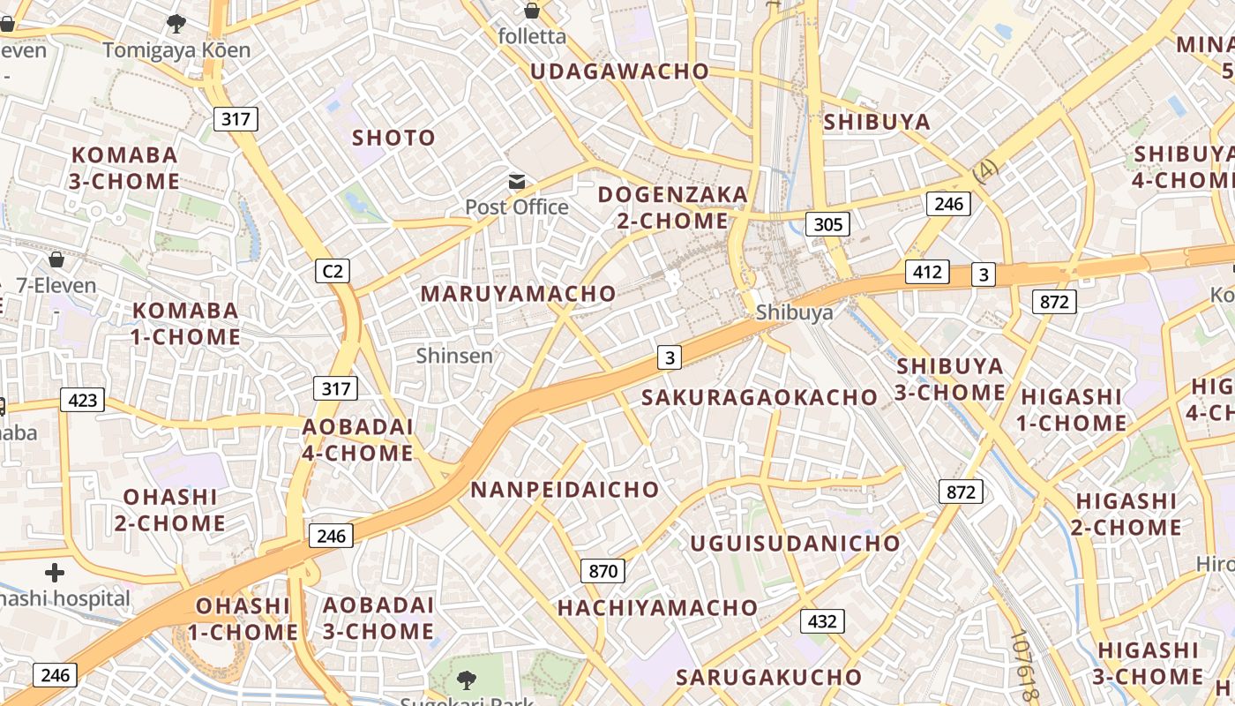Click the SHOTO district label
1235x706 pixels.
(393, 138)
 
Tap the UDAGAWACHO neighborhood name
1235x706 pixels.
(619, 71)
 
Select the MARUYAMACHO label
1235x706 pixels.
(518, 293)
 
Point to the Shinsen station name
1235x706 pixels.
(454, 356)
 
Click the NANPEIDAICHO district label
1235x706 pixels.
(565, 490)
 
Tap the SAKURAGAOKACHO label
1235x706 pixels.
(759, 397)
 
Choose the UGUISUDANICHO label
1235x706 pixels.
(794, 543)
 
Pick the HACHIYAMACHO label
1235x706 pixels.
(657, 607)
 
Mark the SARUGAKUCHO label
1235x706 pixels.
(768, 677)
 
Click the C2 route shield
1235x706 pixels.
(333, 271)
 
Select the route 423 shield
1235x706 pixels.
(82, 401)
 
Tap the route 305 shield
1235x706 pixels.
(827, 224)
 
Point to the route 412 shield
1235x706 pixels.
(927, 272)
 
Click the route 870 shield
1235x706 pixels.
(603, 571)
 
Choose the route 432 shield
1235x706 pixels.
(821, 621)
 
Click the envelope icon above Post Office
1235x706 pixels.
(517, 183)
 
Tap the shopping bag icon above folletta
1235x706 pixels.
(531, 11)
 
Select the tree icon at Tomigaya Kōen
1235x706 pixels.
(176, 24)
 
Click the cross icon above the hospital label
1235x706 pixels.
(55, 573)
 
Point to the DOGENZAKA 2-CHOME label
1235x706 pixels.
(672, 207)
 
